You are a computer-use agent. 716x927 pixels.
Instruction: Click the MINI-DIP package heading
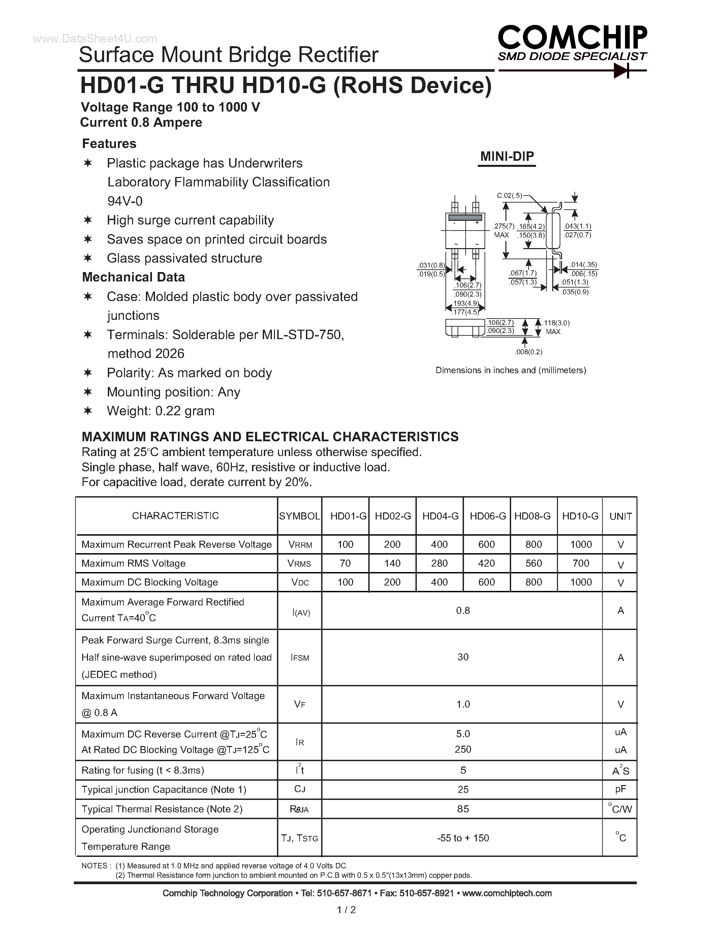pos(507,157)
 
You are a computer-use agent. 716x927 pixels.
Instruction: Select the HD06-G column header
pos(487,516)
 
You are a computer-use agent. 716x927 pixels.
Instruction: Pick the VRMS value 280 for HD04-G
pos(439,563)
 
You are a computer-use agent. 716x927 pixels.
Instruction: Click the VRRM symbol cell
pos(300,544)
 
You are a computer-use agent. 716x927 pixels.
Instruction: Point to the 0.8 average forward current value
pos(463,610)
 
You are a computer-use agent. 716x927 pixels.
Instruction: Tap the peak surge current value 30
pos(463,657)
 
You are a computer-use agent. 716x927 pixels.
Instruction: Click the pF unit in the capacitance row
pos(620,789)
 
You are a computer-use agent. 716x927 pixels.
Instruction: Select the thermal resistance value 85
pos(463,809)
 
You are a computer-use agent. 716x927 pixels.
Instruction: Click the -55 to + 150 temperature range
pos(463,838)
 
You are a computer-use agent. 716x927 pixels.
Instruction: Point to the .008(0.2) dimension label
pos(528,352)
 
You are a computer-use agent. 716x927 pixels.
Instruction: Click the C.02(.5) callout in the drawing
pos(509,196)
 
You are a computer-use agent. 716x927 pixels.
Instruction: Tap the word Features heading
pos(109,144)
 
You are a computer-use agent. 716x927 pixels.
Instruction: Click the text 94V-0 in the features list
pos(125,201)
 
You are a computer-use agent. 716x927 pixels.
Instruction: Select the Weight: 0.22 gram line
pos(160,411)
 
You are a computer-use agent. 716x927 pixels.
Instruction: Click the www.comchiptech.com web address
pos(507,893)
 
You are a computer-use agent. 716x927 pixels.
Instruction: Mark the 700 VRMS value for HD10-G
pos(580,563)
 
